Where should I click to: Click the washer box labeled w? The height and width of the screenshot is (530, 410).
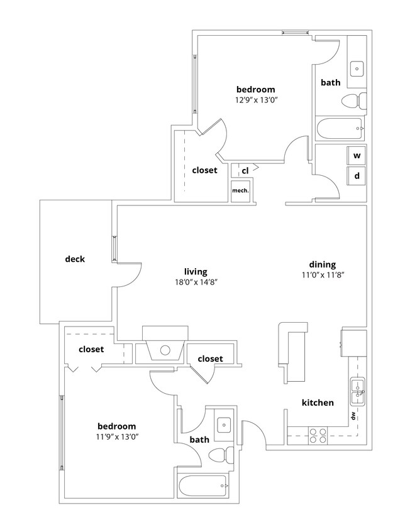[357, 155]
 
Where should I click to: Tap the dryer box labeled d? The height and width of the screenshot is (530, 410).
[357, 176]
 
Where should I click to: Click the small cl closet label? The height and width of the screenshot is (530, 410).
[245, 170]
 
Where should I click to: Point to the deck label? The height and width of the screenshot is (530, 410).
[75, 259]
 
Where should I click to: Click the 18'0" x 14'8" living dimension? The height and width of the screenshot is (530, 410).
[196, 283]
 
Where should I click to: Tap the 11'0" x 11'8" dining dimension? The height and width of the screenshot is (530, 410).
[322, 275]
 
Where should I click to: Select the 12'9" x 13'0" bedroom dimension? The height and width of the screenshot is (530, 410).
[255, 100]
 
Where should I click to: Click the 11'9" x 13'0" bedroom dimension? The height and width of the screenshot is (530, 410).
[117, 436]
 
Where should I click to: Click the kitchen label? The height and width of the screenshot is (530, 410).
[318, 403]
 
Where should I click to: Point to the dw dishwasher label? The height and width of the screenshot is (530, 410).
[353, 416]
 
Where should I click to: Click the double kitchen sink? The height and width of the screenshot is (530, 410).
[357, 390]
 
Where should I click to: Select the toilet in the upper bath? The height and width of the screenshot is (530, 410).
[353, 100]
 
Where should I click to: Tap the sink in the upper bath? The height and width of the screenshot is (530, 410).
[357, 67]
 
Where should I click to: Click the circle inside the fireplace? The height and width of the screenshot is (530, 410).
[165, 350]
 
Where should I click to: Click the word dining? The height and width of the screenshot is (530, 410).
[322, 264]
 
